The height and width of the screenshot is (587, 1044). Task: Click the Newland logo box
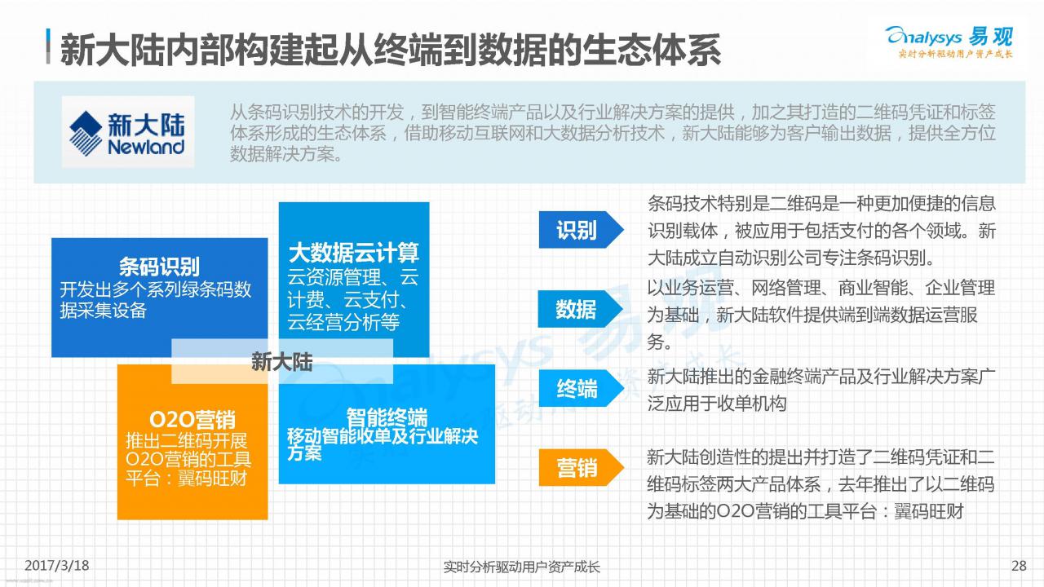(128, 131)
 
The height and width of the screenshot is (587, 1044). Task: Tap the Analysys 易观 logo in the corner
(949, 42)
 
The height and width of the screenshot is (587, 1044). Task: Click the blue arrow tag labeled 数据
(581, 309)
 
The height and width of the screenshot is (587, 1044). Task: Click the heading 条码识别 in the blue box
(159, 267)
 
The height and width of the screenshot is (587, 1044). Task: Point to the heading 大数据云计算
(354, 253)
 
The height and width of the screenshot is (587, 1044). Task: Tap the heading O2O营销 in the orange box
(192, 420)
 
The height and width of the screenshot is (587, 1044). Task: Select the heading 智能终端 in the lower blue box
(387, 417)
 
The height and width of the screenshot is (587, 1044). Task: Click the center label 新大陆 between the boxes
(282, 362)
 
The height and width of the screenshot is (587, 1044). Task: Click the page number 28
(1019, 566)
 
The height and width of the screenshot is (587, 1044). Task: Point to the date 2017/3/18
(57, 566)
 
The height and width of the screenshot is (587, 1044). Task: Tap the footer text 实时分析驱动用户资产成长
(521, 567)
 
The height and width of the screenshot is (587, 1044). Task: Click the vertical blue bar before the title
(48, 46)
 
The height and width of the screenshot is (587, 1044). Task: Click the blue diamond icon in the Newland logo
(86, 133)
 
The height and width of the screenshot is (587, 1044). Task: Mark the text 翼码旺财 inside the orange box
(213, 479)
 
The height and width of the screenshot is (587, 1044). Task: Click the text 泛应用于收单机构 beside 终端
(717, 404)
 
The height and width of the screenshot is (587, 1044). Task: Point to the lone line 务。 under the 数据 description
(659, 342)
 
